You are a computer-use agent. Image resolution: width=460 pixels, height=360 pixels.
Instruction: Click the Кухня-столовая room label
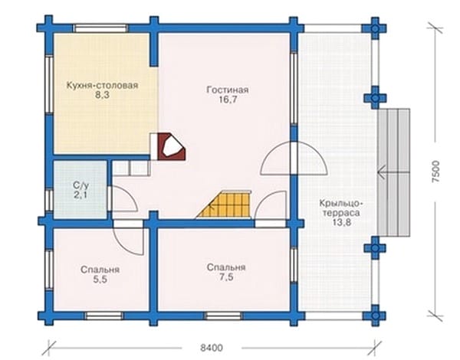coord(102,86)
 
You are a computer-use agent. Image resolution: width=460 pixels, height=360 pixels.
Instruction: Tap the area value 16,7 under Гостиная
coord(228,100)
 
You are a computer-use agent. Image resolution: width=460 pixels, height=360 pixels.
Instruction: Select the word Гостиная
coord(228,90)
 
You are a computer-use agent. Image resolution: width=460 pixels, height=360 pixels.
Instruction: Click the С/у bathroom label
coord(80,185)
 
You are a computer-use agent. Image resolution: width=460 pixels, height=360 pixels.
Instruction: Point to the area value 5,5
coord(100,280)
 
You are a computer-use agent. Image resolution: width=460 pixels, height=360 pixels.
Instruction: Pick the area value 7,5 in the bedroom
coord(226,277)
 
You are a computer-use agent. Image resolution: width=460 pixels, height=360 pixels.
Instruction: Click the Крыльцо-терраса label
coord(341,208)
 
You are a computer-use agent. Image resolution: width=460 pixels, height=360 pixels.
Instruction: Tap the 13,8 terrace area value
coord(342,222)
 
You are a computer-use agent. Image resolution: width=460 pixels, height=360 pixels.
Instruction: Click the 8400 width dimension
coord(212,348)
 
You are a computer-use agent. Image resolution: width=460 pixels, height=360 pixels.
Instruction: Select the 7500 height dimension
coord(436,172)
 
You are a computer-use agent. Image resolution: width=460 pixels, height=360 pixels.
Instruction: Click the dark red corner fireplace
coord(172,147)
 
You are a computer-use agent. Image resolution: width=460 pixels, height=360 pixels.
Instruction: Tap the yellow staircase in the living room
coord(225,204)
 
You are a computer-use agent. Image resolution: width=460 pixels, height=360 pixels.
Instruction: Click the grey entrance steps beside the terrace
coord(393,172)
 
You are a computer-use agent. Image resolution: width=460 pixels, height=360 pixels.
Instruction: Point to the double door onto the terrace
coord(294,159)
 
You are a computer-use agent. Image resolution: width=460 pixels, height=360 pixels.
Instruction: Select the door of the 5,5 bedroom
coord(129,237)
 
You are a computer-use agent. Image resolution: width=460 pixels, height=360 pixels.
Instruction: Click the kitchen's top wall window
coord(100,28)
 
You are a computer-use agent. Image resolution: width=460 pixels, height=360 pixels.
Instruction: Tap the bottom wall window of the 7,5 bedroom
coord(223,316)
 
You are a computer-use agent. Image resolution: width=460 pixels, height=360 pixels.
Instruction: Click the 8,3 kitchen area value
coord(102,95)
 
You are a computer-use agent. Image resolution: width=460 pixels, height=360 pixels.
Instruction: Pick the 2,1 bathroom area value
coord(80,195)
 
